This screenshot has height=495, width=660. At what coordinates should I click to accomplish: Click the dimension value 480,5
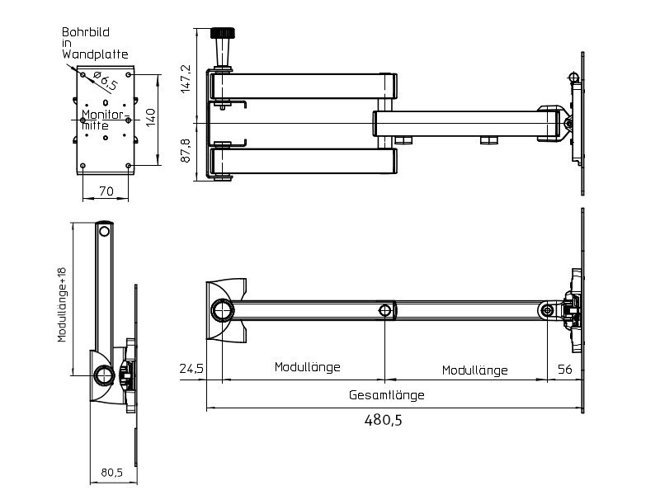383,420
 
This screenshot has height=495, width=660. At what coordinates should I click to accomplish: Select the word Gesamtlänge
386,395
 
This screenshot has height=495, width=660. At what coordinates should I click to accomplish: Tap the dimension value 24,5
191,370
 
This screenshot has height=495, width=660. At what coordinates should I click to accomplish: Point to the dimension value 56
564,370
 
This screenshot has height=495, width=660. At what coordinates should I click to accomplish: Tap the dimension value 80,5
112,473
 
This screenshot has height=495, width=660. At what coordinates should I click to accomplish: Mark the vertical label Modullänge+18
62,304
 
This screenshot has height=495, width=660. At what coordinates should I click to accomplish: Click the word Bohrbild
85,33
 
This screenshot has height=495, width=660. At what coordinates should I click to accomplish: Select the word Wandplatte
95,54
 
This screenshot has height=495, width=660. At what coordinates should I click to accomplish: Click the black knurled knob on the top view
223,34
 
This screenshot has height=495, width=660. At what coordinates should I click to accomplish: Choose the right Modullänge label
474,370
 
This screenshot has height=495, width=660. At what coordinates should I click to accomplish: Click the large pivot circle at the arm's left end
223,310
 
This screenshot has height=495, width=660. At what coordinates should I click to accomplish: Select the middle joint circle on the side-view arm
385,310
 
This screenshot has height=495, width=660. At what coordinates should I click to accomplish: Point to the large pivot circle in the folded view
103,375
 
